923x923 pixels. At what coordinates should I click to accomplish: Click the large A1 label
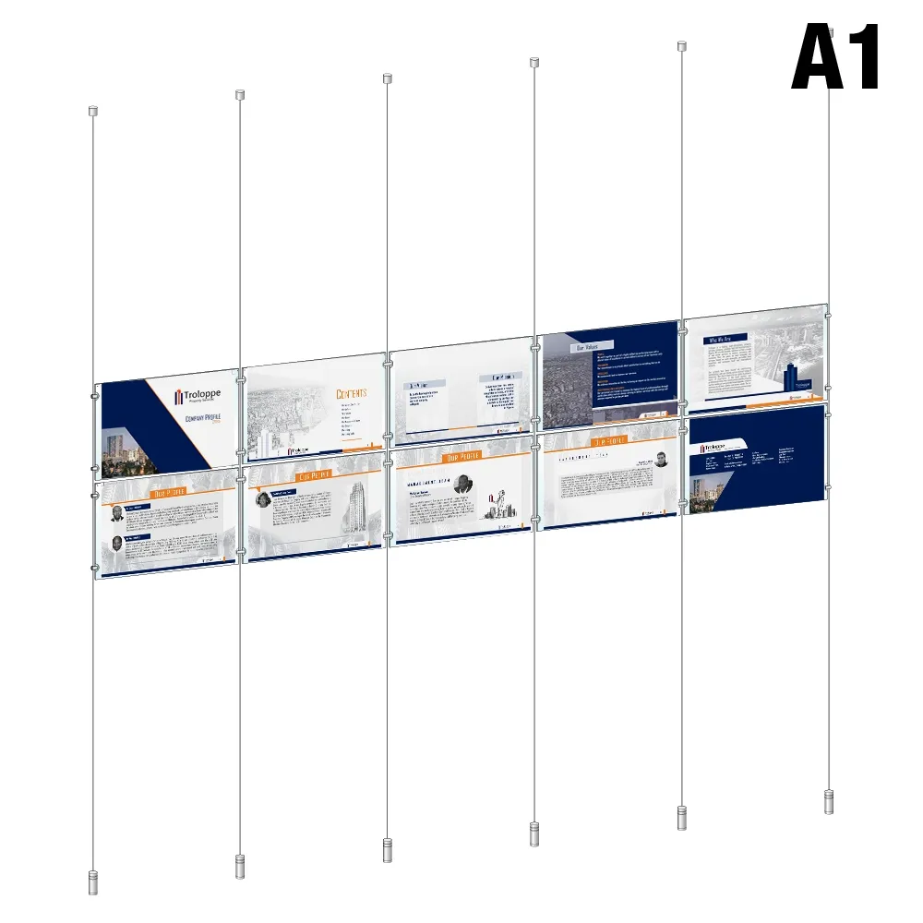(836, 58)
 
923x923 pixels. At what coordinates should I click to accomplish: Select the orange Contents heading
(351, 393)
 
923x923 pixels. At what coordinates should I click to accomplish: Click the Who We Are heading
(721, 341)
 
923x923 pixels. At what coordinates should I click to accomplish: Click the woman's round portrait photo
(262, 500)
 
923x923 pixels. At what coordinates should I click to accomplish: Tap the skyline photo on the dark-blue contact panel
(707, 489)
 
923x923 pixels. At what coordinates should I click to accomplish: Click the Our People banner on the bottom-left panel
(169, 492)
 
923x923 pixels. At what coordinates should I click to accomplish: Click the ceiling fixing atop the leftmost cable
(92, 111)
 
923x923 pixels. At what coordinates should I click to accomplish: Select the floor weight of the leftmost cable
(92, 881)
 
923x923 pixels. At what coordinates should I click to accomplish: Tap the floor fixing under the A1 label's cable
(829, 801)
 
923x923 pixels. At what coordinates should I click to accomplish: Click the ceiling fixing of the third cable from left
(388, 78)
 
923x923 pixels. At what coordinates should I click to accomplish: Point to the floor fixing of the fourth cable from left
(533, 833)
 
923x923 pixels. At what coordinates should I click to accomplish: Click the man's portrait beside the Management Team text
(463, 483)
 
